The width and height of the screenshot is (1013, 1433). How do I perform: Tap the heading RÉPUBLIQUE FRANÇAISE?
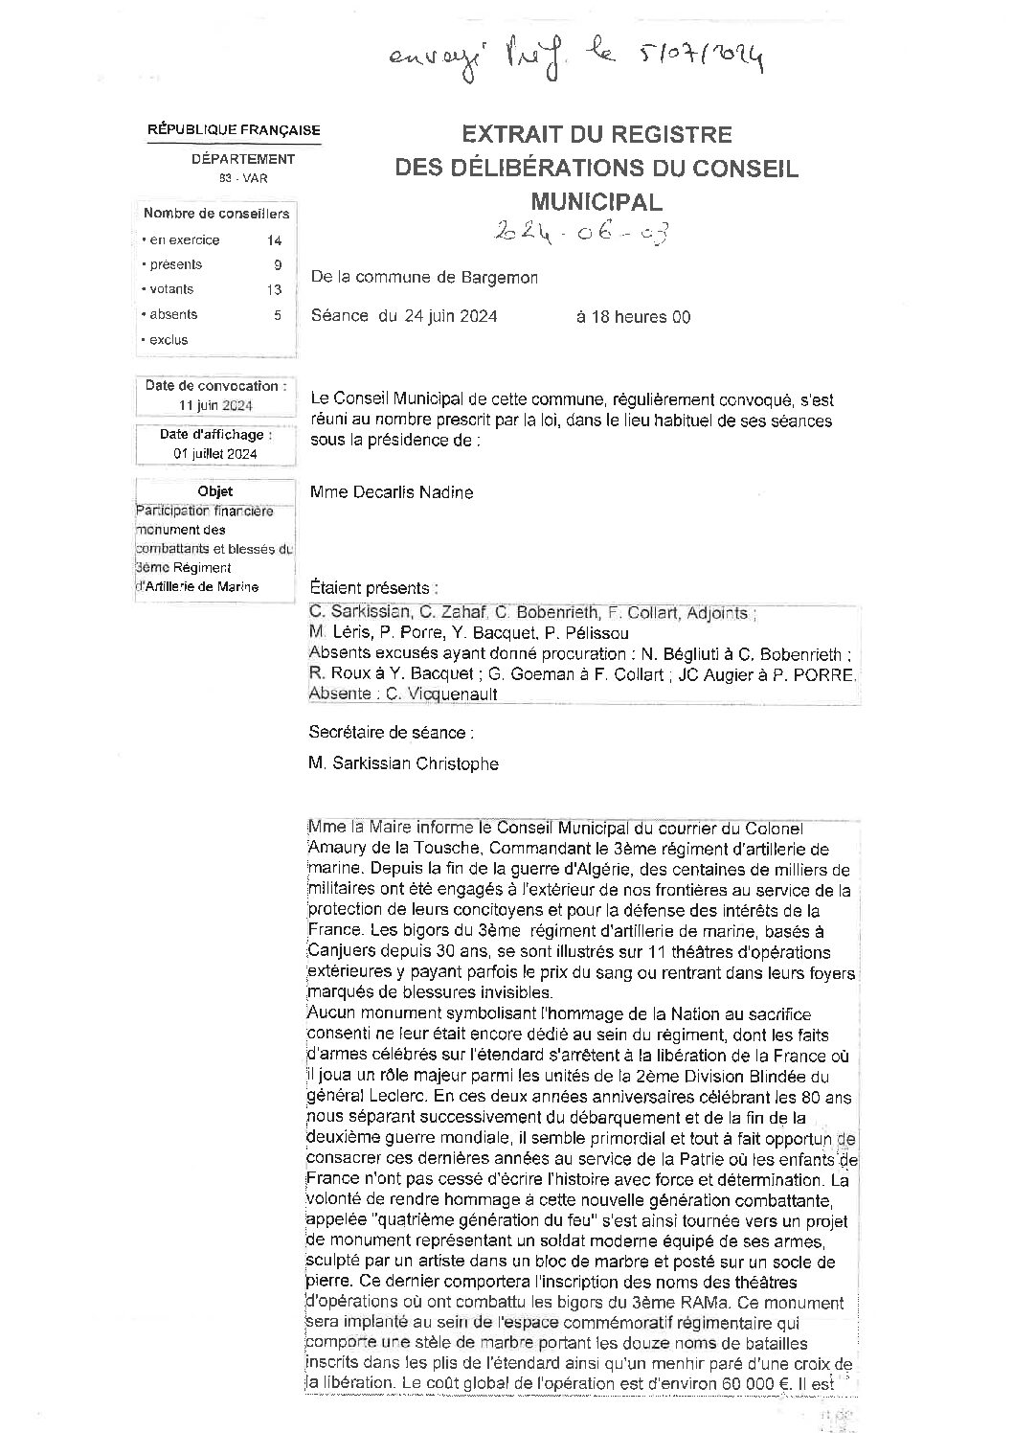pos(234,130)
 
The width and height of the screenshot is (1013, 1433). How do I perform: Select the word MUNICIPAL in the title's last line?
pos(597,202)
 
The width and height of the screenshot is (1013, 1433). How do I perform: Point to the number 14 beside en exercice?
pos(275,240)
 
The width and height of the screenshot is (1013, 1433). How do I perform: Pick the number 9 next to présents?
pos(278,265)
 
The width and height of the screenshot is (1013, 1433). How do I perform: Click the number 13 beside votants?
pos(275,289)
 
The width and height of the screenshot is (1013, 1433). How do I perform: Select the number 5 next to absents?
pos(278,314)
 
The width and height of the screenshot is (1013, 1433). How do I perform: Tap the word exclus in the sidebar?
pos(169,340)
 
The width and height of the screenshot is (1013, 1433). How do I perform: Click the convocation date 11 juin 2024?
pos(215,405)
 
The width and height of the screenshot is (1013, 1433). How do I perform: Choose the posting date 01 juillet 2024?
pos(215,454)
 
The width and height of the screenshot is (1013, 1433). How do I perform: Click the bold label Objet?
pos(215,491)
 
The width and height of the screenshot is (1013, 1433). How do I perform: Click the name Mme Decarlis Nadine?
pos(392,492)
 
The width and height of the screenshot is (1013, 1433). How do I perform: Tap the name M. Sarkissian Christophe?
pos(403,763)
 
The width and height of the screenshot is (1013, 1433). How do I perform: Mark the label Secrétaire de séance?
pos(391,733)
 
